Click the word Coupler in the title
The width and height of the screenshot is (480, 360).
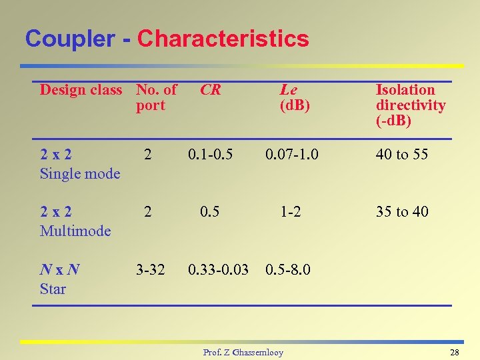click(x=69, y=39)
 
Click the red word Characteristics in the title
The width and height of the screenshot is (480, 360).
click(x=223, y=39)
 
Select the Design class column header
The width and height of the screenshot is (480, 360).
click(x=81, y=90)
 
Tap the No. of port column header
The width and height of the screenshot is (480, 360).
click(x=156, y=97)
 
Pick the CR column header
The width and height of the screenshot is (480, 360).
click(x=210, y=90)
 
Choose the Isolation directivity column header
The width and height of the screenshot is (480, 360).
click(x=410, y=105)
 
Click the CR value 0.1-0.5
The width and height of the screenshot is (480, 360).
click(x=210, y=155)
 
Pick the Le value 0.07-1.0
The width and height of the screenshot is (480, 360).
click(x=291, y=155)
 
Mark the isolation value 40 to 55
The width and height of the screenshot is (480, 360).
click(x=401, y=155)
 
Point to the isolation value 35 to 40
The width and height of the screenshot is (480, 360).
click(x=401, y=212)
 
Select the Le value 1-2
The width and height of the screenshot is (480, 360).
click(x=290, y=212)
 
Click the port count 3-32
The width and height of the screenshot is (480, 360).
click(x=150, y=270)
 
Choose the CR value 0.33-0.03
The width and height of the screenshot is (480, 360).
click(x=218, y=270)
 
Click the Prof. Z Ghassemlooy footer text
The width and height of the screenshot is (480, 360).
click(x=243, y=352)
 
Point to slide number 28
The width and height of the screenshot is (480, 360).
click(x=455, y=352)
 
